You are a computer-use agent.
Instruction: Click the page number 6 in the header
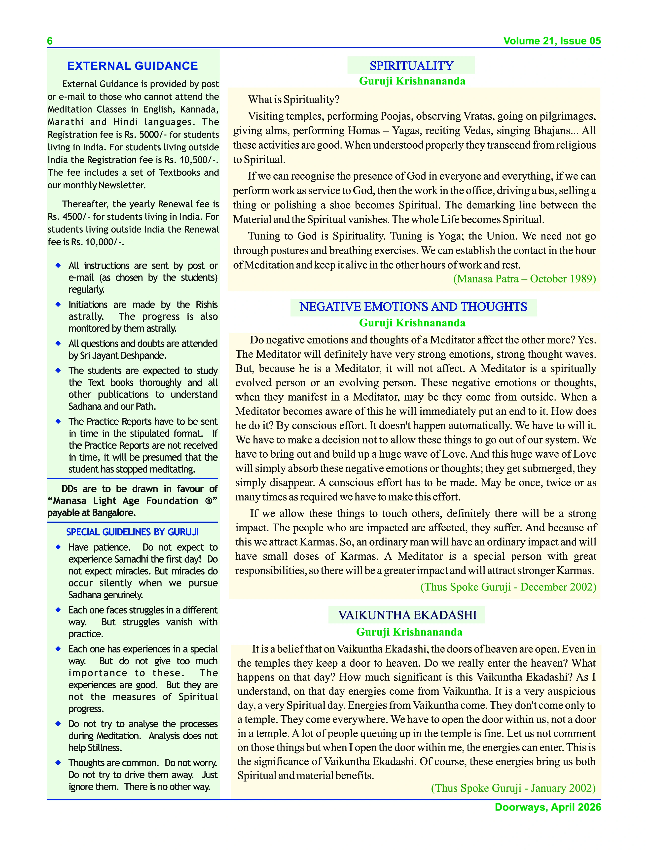click(50, 41)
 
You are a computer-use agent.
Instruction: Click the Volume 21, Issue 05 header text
click(552, 41)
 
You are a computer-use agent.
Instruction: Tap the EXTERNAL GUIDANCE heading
click(132, 66)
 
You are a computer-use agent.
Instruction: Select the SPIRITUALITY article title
click(411, 66)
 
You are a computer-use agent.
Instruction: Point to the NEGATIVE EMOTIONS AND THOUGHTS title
click(413, 307)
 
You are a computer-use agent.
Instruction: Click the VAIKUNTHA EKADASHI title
click(407, 615)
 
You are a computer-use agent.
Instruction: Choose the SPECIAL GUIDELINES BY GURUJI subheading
click(132, 532)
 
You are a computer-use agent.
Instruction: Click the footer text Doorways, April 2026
click(548, 807)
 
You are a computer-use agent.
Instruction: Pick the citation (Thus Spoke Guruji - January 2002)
click(513, 788)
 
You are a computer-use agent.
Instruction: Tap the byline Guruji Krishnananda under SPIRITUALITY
click(412, 81)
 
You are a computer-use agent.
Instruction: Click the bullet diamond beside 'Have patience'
click(58, 547)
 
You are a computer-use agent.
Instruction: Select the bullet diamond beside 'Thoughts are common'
click(58, 762)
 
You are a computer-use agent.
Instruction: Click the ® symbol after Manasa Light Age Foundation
click(208, 501)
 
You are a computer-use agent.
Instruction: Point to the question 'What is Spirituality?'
click(293, 100)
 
